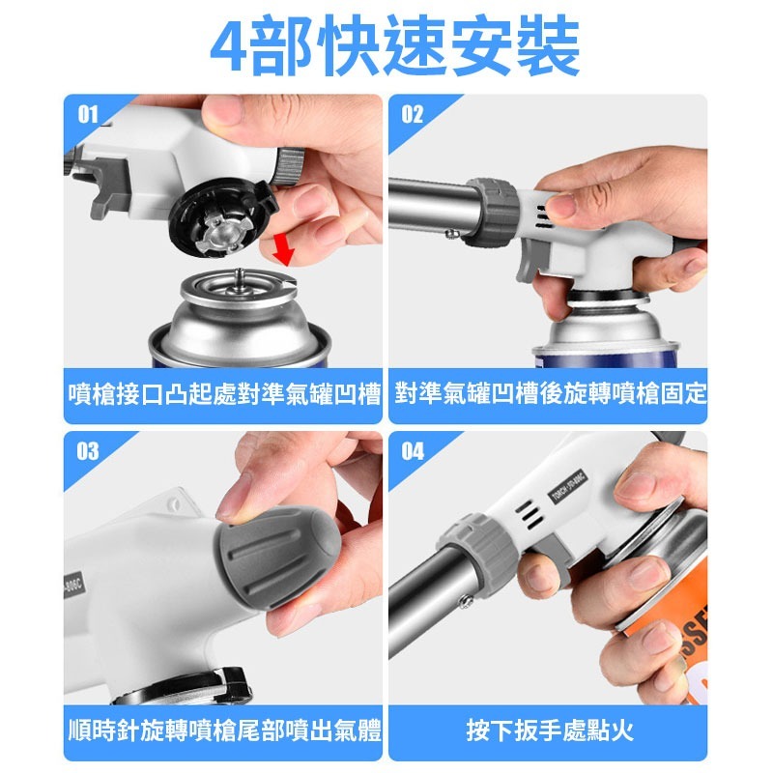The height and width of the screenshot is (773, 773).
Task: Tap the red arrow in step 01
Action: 283,247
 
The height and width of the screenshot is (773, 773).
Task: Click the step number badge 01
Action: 88,115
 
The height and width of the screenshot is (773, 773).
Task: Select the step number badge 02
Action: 413,115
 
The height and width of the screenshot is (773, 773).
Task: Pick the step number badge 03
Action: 88,451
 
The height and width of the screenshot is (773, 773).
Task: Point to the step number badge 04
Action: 413,451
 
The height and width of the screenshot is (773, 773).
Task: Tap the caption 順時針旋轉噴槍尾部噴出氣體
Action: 225,730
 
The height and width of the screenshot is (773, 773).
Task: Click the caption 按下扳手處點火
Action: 549,730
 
